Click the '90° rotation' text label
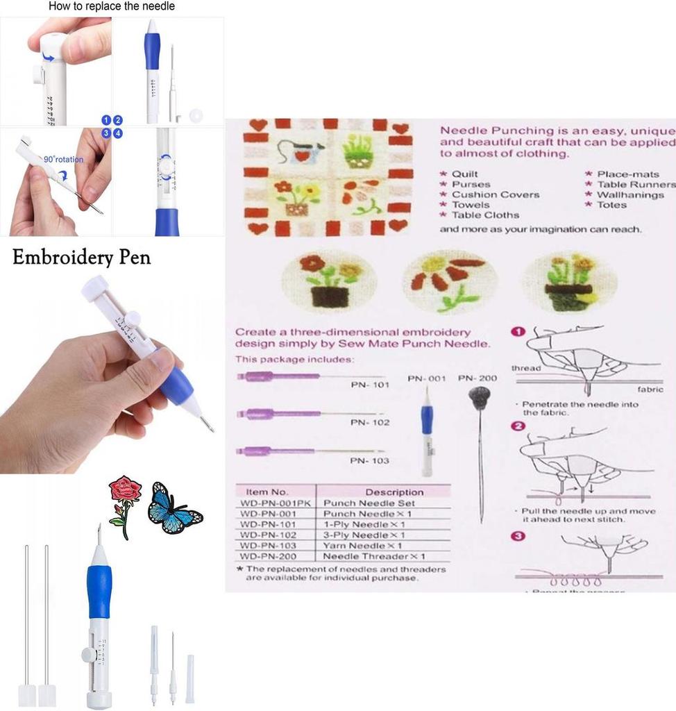point(63,159)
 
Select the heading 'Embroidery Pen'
point(81,258)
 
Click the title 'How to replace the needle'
point(111,6)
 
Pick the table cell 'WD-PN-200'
point(268,556)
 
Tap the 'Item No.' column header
point(267,492)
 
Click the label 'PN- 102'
point(369,422)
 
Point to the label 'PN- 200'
point(478,378)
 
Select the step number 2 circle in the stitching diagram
point(517,426)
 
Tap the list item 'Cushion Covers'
point(495,194)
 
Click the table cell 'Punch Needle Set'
point(369,503)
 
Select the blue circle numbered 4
point(118,133)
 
